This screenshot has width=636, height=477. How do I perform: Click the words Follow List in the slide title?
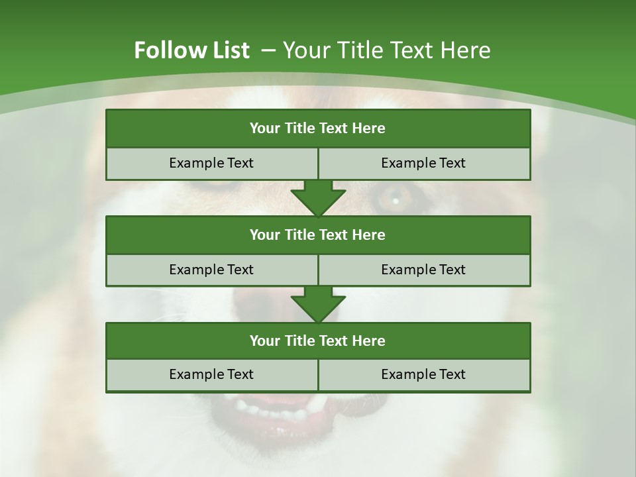tap(192, 50)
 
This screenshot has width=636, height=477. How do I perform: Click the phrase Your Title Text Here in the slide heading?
tap(387, 50)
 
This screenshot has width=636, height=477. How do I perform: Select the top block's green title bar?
tap(318, 129)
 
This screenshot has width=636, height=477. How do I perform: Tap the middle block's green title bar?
tap(318, 235)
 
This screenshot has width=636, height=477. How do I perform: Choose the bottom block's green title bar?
tap(318, 341)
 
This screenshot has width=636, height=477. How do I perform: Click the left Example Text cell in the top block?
tap(211, 163)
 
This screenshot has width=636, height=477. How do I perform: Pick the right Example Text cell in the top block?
tap(423, 163)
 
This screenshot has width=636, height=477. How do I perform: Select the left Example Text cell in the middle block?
tap(211, 270)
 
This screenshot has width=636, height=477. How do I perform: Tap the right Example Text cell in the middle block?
tap(423, 270)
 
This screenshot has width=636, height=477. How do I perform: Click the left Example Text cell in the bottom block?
tap(211, 374)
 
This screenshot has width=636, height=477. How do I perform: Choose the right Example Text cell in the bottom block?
tap(423, 374)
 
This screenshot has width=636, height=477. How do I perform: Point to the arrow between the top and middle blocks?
tap(318, 199)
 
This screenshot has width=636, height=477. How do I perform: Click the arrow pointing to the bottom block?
tap(318, 305)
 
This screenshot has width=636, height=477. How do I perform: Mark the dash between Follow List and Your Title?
tap(268, 50)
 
